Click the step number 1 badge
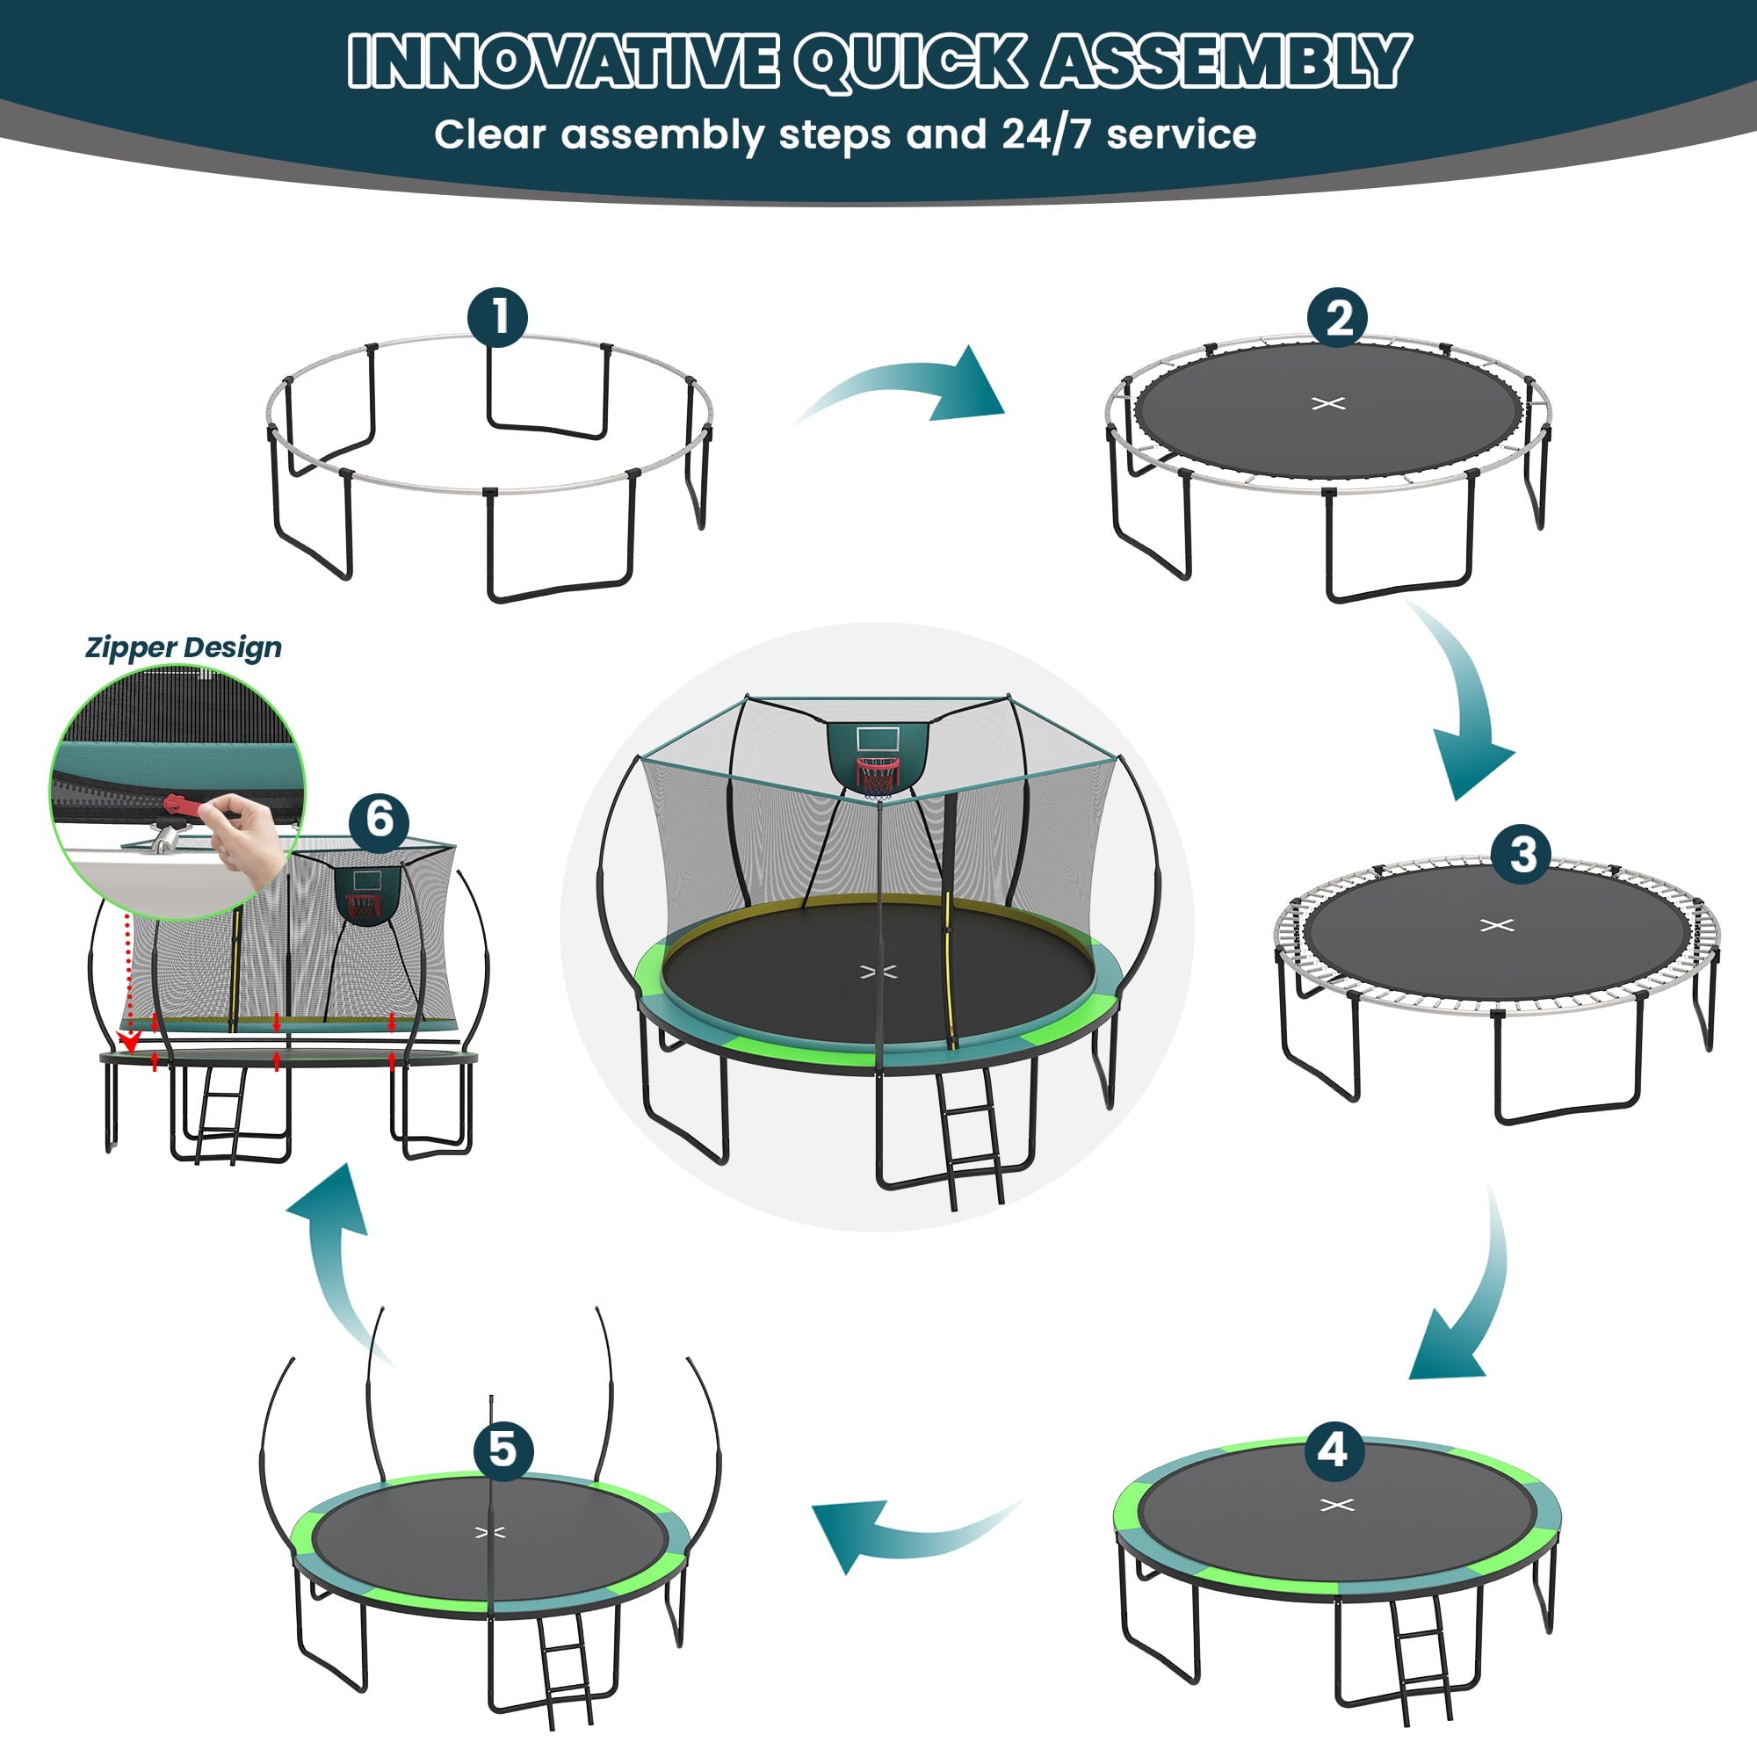(497, 317)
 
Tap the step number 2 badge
(1337, 318)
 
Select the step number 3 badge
(1522, 853)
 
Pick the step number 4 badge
(1334, 1450)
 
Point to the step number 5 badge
(503, 1450)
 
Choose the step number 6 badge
(380, 821)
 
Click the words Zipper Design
(184, 647)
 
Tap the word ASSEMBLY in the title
(1225, 61)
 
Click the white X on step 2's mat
(1328, 403)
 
